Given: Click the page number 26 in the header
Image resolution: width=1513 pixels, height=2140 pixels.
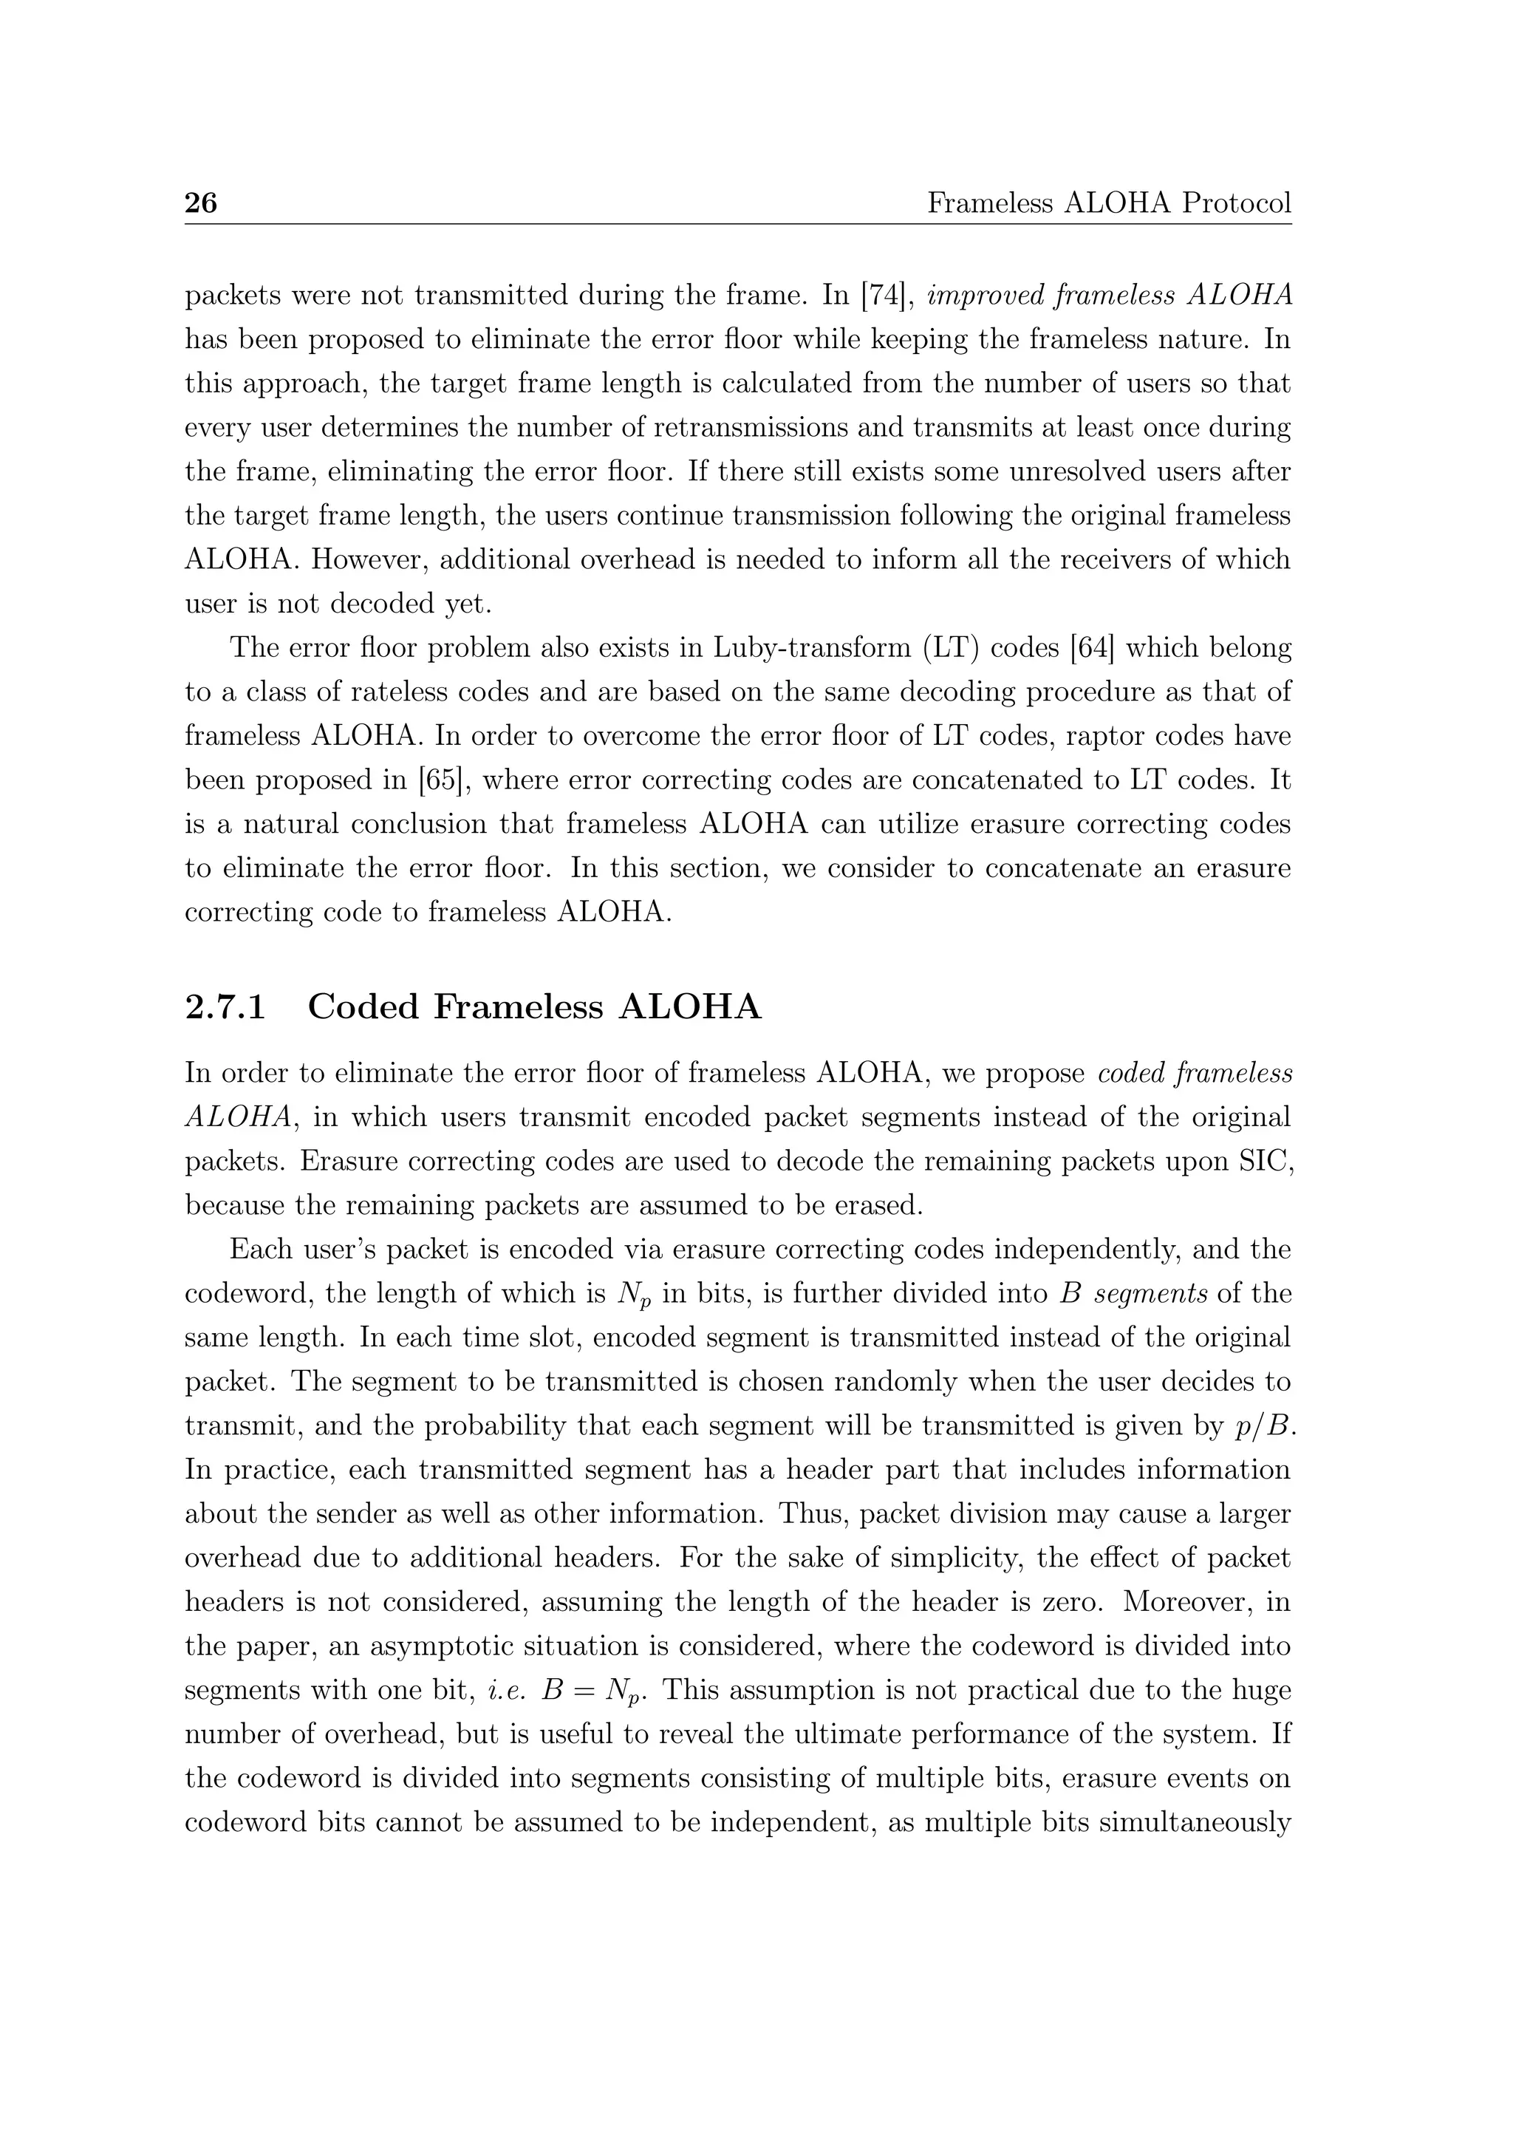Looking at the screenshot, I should click(x=200, y=203).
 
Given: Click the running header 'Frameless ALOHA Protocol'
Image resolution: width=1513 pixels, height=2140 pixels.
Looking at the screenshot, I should click(x=1109, y=203).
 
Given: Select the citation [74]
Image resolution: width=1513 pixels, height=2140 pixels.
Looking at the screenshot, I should click(x=881, y=296).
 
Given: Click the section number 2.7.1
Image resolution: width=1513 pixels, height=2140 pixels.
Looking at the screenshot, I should click(x=225, y=1007).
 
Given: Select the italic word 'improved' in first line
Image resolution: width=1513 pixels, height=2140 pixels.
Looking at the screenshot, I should click(x=991, y=296).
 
